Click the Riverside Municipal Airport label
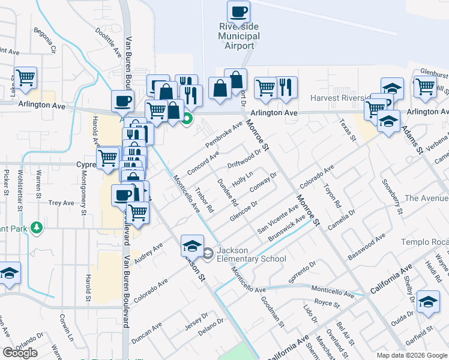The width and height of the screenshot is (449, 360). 239,37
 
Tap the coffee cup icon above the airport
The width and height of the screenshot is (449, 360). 238,11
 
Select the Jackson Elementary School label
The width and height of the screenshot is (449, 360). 252,254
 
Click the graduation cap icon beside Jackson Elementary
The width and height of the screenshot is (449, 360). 192,245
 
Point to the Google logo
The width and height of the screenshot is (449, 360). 20,353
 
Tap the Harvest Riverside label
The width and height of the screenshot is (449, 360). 341,98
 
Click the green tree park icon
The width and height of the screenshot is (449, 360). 37,227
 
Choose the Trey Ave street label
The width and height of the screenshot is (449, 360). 61,203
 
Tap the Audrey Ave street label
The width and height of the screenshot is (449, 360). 149,253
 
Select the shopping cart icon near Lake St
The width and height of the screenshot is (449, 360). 26,77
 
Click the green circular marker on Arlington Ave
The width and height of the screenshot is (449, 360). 187,118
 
